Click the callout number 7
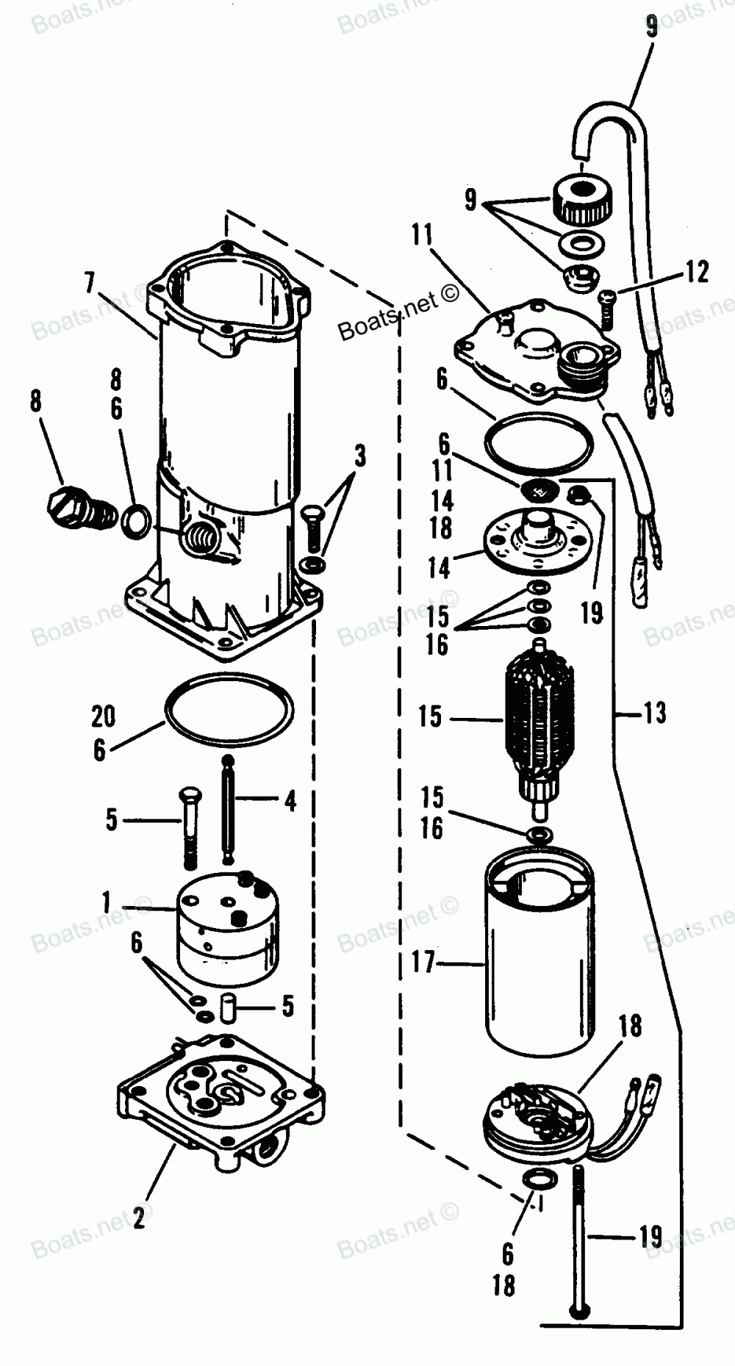(89, 284)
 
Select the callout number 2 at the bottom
(139, 1219)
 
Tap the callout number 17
(423, 962)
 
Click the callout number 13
(653, 712)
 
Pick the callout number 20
(104, 716)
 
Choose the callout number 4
(290, 802)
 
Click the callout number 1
(107, 901)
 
